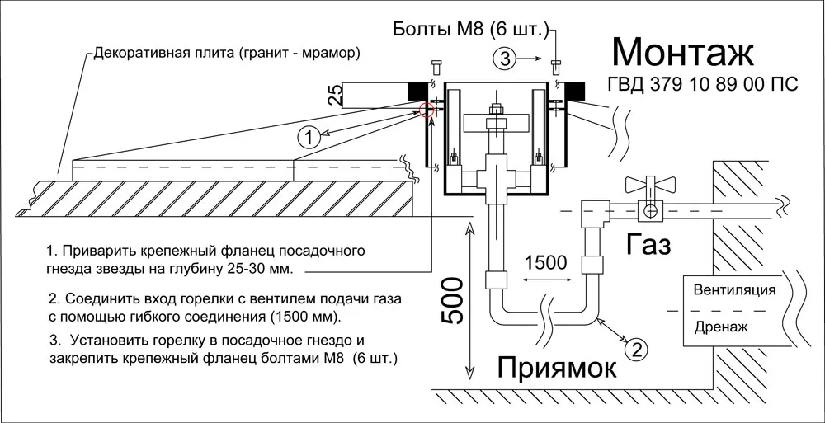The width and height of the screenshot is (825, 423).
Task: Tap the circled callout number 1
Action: [x=307, y=137]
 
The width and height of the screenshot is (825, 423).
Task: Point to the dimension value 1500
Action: [x=545, y=263]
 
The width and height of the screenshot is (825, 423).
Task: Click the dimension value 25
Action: [x=334, y=94]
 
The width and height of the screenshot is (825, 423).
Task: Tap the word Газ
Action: [x=648, y=244]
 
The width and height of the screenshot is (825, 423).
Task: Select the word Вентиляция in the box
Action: [x=734, y=290]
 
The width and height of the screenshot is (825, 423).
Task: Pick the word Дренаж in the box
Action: [x=721, y=327]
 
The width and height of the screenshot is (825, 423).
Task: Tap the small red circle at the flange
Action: [x=427, y=110]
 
